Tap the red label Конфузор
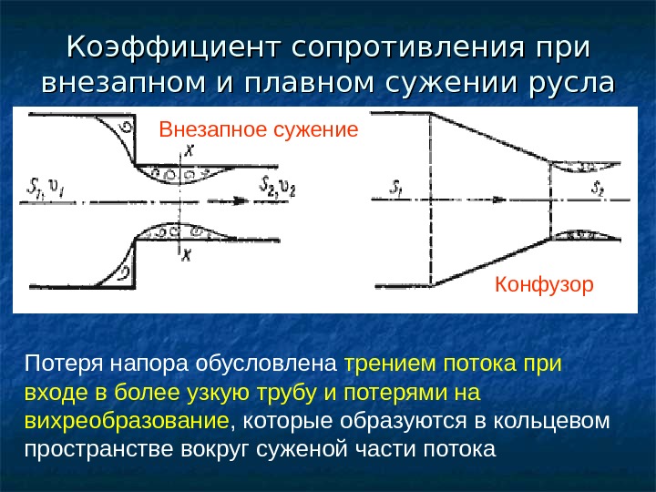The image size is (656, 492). point(544,284)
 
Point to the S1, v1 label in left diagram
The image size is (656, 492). point(41,190)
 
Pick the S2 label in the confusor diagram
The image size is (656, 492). point(598,189)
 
